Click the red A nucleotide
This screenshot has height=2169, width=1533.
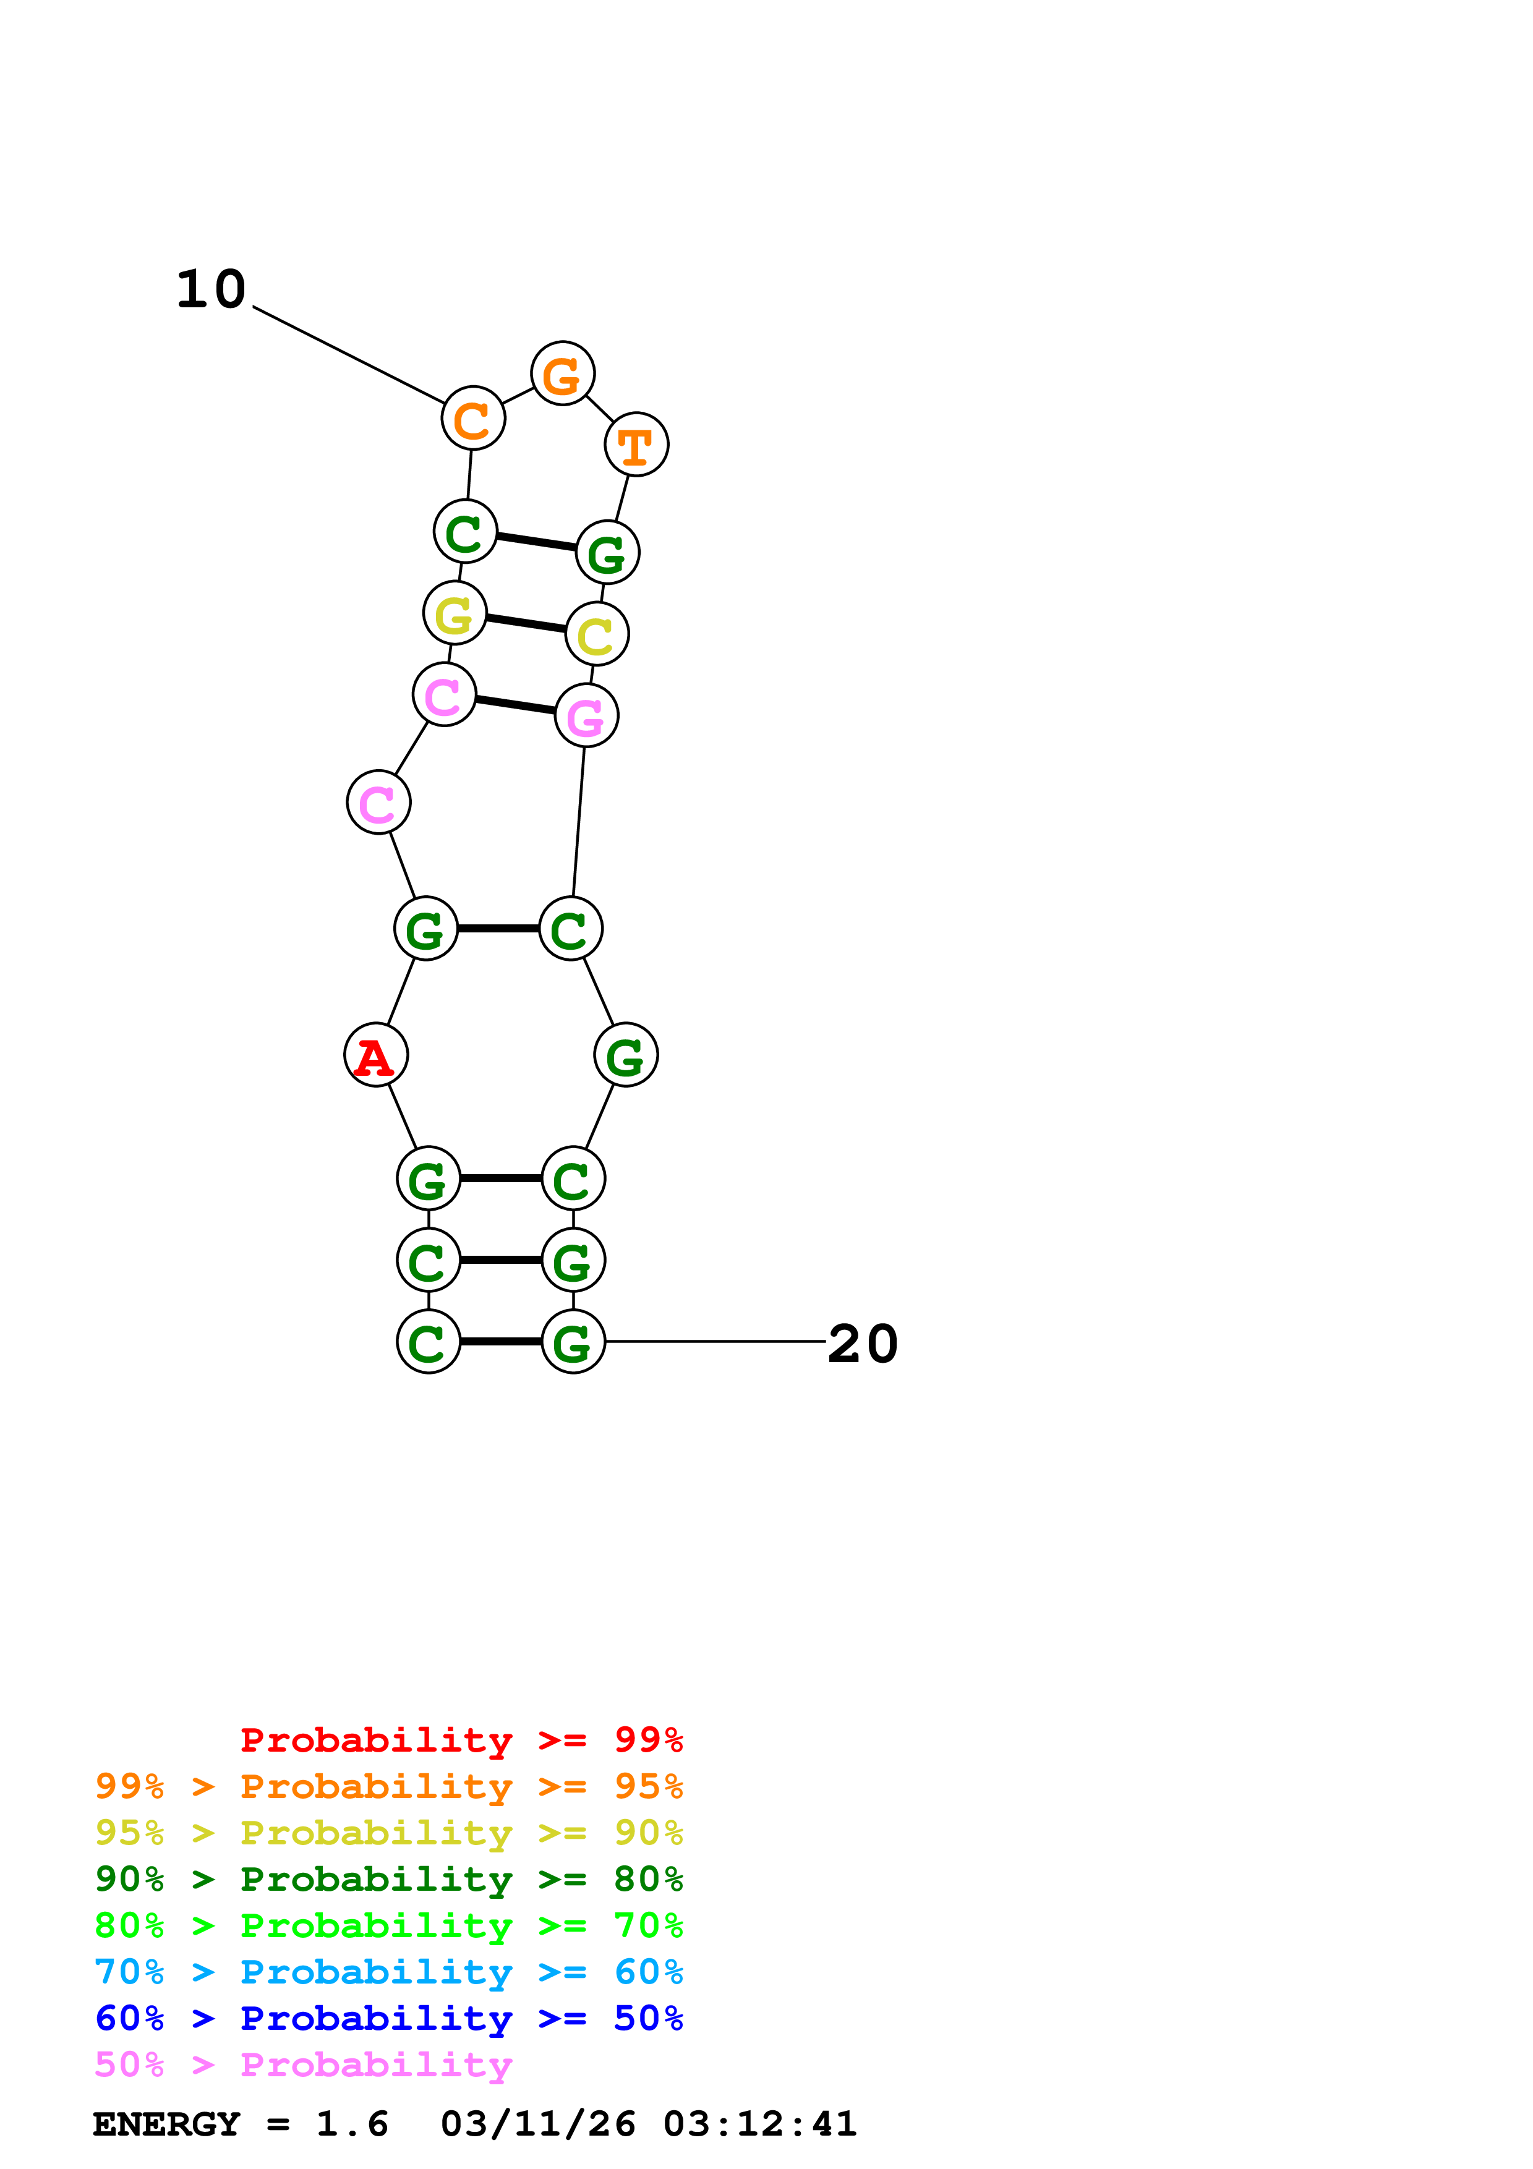(376, 1055)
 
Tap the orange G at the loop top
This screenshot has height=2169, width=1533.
(563, 374)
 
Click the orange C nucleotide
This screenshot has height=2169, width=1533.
(473, 417)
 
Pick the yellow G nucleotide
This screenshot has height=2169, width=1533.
(455, 613)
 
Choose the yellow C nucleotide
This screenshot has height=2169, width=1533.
(597, 634)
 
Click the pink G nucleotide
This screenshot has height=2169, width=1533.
(587, 715)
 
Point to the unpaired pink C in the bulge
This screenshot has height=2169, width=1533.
(378, 802)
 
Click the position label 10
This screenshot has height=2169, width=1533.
(211, 289)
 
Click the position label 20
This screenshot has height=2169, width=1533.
(863, 1344)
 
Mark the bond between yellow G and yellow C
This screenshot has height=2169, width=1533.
(526, 623)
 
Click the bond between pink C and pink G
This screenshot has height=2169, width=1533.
(516, 705)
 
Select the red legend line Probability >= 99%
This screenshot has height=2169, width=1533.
(462, 1739)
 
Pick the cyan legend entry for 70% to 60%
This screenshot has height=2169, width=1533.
(389, 1972)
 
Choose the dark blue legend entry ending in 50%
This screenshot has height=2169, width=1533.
(389, 2018)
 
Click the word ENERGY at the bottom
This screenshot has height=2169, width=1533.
(166, 2124)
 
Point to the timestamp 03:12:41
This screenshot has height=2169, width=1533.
(761, 2124)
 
